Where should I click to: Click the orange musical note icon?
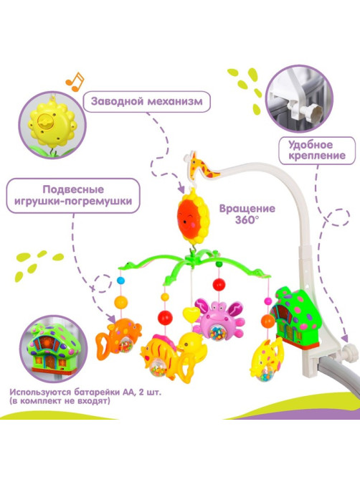tap(75, 82)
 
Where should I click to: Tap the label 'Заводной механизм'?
tap(147, 101)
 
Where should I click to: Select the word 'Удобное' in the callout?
tap(311, 144)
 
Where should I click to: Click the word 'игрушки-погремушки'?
tap(73, 202)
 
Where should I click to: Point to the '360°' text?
tap(247, 220)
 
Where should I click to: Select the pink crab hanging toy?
tap(219, 319)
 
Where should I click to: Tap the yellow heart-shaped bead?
tap(191, 314)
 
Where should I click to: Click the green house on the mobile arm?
tap(296, 316)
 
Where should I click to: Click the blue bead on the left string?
tap(120, 280)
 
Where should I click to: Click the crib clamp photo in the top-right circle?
tap(299, 99)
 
